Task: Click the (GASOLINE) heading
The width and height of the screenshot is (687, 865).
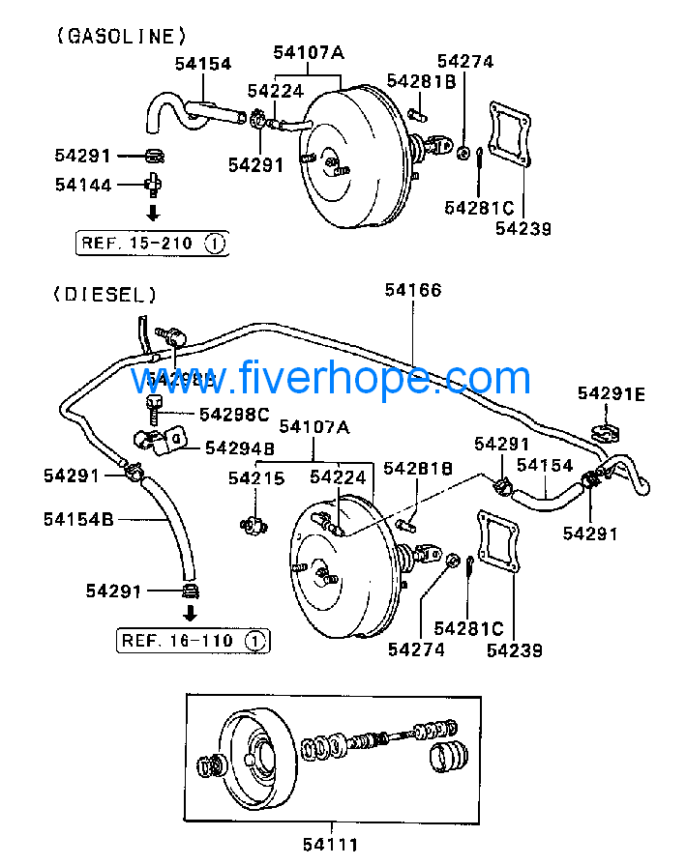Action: [121, 36]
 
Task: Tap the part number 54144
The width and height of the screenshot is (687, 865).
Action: [83, 184]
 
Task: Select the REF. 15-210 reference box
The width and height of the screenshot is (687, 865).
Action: [152, 244]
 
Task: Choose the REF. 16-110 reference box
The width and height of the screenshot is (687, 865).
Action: [194, 640]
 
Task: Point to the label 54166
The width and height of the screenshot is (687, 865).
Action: [412, 289]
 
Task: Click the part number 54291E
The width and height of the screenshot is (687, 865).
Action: [611, 393]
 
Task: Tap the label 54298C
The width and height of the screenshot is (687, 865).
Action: [233, 414]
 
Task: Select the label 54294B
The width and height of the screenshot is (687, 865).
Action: [240, 447]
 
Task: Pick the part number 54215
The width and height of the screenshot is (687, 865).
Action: [256, 477]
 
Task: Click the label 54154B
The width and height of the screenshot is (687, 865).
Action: [78, 519]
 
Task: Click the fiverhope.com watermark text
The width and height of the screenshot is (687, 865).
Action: [331, 378]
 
